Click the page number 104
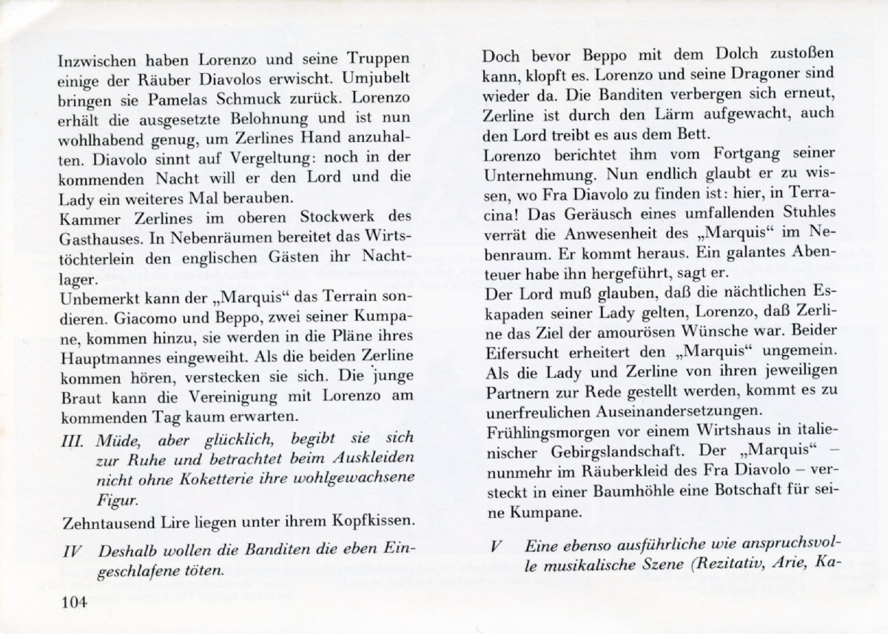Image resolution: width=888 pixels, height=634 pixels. coord(75,602)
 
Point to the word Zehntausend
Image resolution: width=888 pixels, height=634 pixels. coord(98,524)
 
